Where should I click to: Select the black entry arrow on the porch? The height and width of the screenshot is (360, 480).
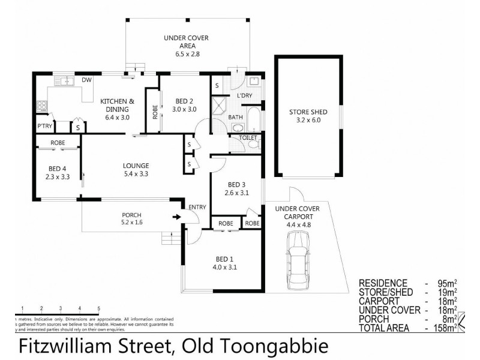tap(176, 217)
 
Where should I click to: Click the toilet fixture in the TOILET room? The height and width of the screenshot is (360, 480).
tap(253, 143)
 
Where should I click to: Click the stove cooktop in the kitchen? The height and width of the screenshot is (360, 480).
tap(42, 106)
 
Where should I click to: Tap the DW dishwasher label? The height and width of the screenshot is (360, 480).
tap(86, 80)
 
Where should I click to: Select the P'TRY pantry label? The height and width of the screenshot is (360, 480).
tap(44, 126)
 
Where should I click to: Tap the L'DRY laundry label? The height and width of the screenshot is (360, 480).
tap(244, 95)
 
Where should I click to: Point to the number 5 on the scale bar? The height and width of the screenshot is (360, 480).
tap(98, 308)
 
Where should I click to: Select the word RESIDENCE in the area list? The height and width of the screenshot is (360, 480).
tap(383, 283)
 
